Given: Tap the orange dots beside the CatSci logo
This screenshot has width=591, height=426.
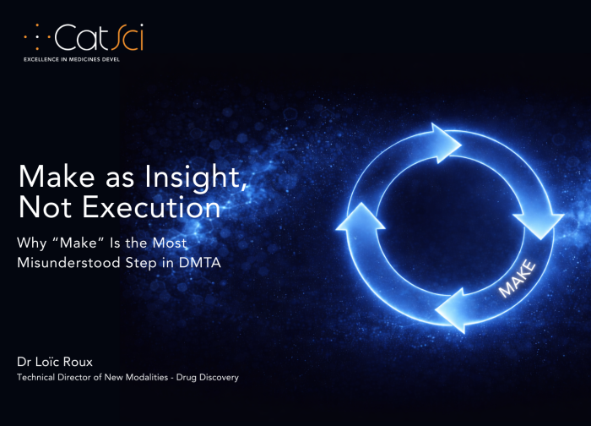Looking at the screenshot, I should [x=36, y=37].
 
